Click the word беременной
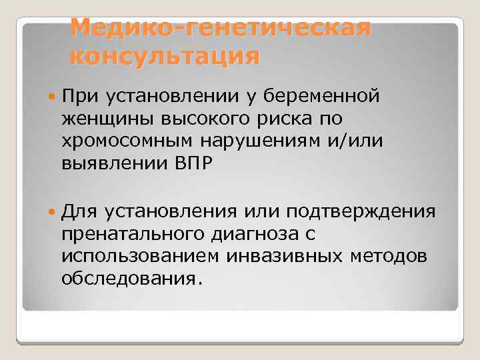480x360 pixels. (x=323, y=97)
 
